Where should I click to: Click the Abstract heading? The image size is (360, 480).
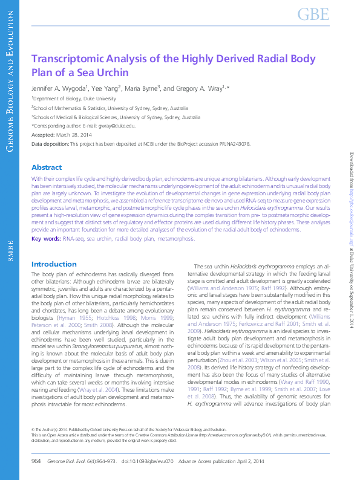point(46,167)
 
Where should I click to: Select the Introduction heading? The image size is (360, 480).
point(54,264)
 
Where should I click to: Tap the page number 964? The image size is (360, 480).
point(36,461)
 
